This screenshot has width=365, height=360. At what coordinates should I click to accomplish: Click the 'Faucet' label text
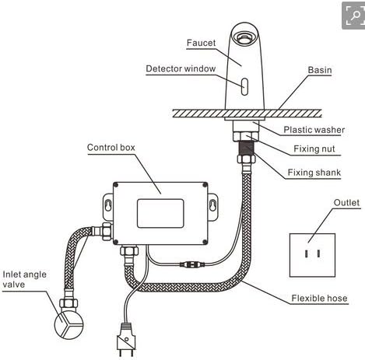tap(201, 42)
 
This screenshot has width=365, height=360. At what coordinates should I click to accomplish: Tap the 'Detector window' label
tap(181, 69)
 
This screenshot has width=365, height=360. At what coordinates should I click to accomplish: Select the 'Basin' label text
tap(319, 70)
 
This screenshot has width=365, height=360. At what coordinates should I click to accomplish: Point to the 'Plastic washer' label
tap(314, 130)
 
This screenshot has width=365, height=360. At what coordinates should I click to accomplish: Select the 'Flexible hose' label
tap(319, 298)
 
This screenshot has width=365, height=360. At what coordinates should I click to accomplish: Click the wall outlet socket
tap(312, 253)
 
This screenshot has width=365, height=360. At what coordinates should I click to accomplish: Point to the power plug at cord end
tap(125, 341)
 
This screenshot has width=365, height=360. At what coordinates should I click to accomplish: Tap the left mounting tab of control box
tap(107, 204)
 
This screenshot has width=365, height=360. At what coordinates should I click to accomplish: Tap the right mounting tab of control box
tap(211, 204)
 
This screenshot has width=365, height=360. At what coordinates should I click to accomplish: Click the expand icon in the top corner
tap(353, 15)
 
